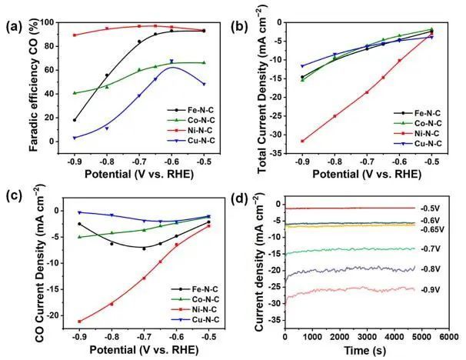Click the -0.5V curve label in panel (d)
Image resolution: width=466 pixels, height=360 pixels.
430,208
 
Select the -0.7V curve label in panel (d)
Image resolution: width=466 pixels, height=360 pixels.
430,249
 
